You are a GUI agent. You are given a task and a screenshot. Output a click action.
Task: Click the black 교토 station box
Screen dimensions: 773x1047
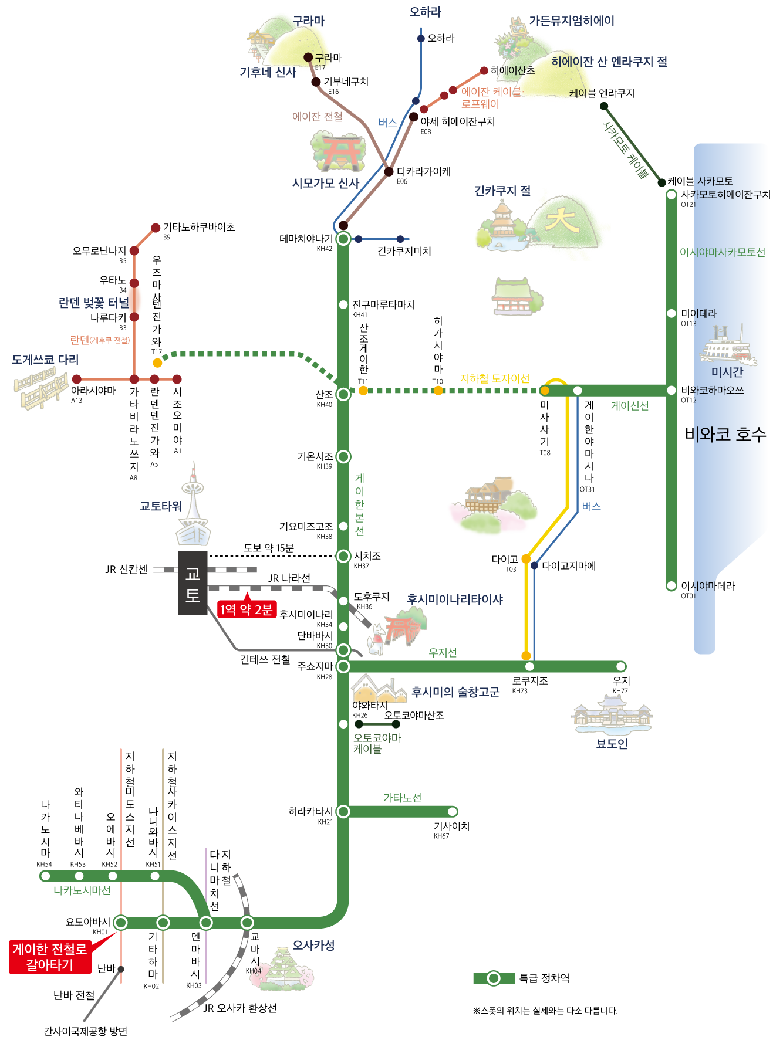(x=193, y=583)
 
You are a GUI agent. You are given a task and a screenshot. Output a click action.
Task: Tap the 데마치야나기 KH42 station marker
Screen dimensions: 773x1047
(x=343, y=239)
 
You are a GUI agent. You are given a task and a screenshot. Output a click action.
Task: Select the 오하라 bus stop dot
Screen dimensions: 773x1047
(x=421, y=39)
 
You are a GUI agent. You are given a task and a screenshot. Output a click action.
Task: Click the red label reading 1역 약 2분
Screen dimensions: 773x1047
(x=247, y=609)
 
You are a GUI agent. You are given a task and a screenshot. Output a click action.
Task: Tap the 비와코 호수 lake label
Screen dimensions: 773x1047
(x=725, y=434)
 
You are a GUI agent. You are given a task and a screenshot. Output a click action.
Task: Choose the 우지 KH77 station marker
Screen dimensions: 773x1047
(x=620, y=666)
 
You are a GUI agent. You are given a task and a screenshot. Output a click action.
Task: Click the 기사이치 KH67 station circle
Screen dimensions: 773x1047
(x=452, y=812)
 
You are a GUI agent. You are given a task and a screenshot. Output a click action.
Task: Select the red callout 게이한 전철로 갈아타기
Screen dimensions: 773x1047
(x=49, y=957)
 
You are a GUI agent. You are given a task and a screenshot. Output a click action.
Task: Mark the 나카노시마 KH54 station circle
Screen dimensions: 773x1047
(x=45, y=876)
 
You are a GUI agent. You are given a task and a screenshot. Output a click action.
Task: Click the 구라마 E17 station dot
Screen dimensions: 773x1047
(x=308, y=57)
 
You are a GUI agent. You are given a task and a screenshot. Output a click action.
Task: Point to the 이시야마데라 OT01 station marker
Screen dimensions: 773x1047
(x=671, y=585)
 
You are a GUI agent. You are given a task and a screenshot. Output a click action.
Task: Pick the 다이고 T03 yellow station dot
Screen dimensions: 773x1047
(x=526, y=559)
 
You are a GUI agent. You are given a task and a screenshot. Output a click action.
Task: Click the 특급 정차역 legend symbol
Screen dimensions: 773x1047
(x=494, y=978)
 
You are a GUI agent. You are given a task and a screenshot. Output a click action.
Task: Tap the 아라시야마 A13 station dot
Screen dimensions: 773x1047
(x=77, y=380)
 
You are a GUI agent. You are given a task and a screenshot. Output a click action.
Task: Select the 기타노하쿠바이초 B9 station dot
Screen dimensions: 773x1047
(x=156, y=228)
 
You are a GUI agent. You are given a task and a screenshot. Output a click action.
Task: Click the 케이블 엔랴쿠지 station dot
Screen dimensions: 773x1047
(x=603, y=106)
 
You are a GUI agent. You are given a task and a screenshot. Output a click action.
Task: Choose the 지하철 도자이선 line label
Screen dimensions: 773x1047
(x=495, y=378)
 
